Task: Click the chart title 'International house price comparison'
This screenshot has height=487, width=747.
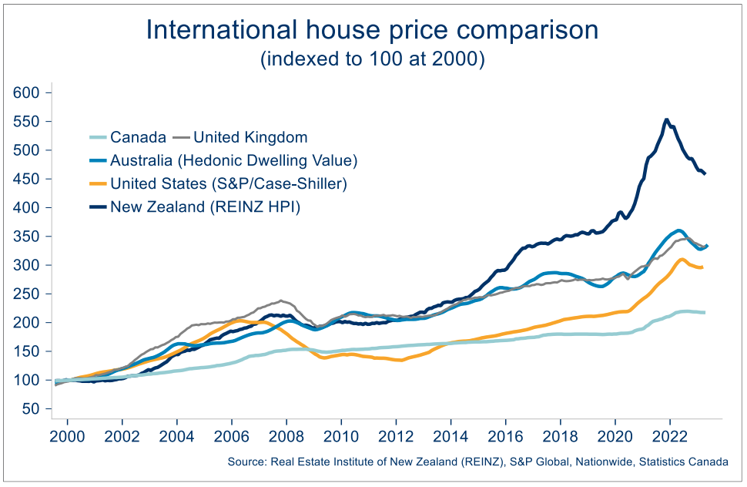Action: point(372,30)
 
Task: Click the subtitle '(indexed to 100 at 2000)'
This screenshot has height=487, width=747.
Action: point(372,59)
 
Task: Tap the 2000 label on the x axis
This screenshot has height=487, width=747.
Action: point(67,436)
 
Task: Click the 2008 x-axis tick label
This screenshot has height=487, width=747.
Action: point(286,436)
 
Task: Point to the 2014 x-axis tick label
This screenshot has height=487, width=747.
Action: point(451,436)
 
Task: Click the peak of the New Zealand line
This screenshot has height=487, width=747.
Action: point(666,119)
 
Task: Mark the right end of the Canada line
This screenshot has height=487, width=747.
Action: point(705,312)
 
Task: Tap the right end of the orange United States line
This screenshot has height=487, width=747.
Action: point(702,267)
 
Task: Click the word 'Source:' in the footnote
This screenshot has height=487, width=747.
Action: point(245,462)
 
